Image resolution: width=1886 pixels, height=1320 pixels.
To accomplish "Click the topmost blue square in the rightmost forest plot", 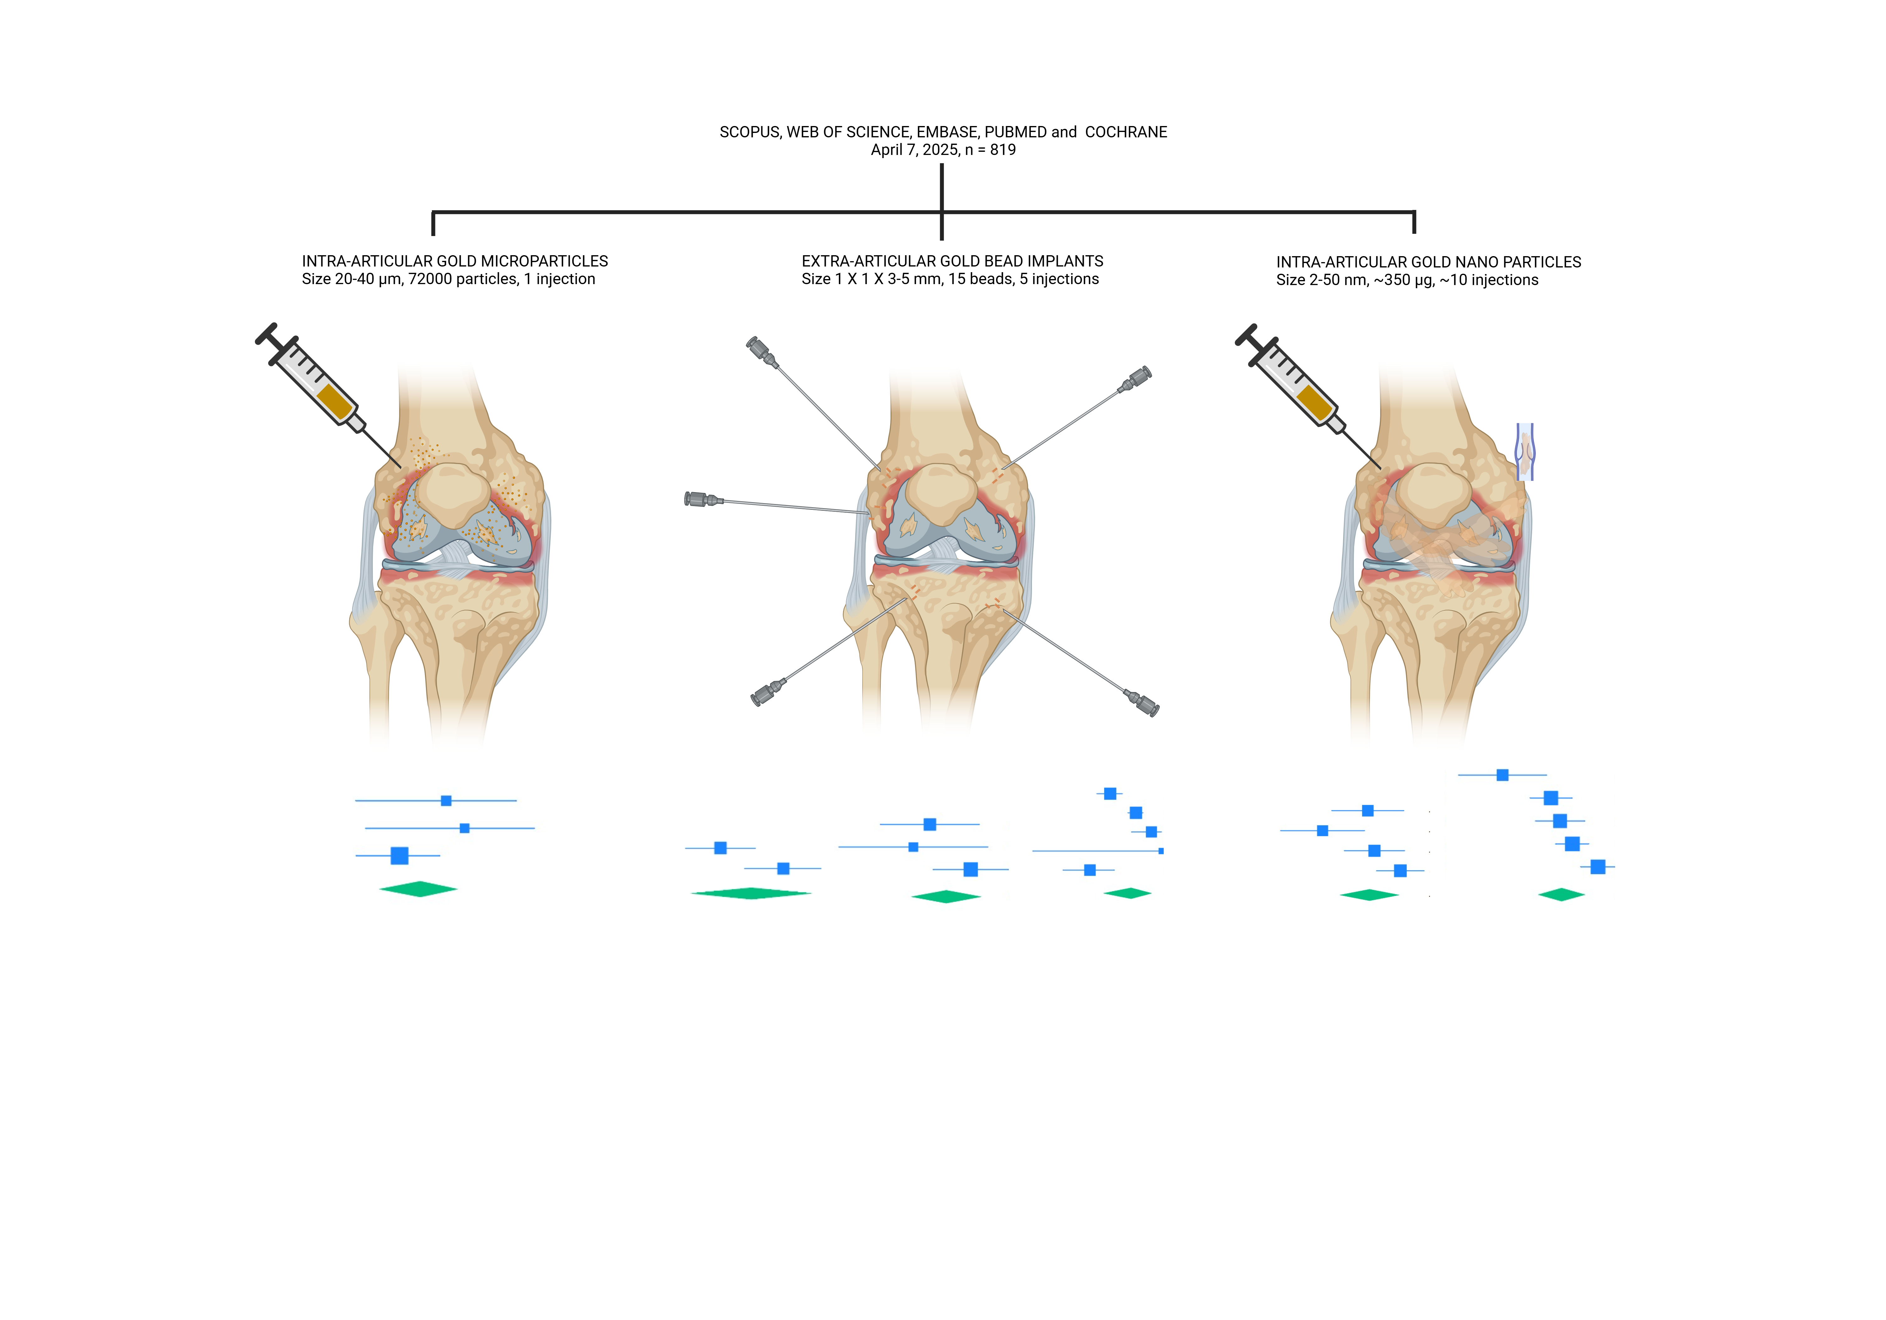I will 1503,775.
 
